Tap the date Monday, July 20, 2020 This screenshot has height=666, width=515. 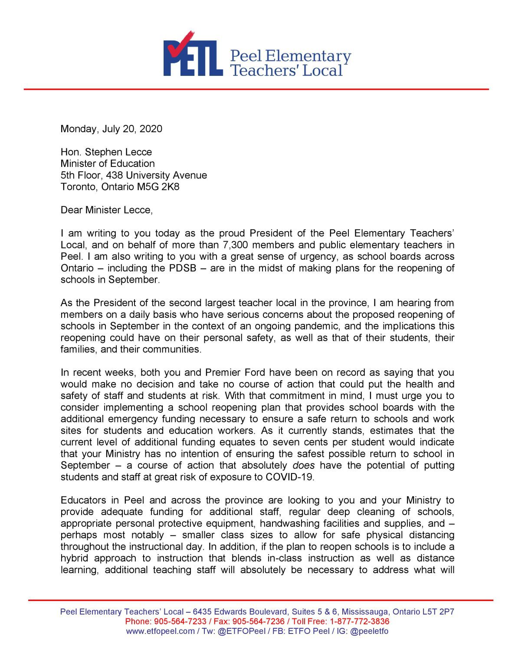click(x=111, y=129)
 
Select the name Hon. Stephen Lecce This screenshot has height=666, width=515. click(x=106, y=152)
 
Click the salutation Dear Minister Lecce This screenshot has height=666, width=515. click(x=106, y=210)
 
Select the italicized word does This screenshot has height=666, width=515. click(x=303, y=465)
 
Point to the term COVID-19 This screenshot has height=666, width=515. click(x=289, y=477)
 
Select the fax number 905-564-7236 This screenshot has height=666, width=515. click(x=259, y=621)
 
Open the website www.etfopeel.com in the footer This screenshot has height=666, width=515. click(x=160, y=631)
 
